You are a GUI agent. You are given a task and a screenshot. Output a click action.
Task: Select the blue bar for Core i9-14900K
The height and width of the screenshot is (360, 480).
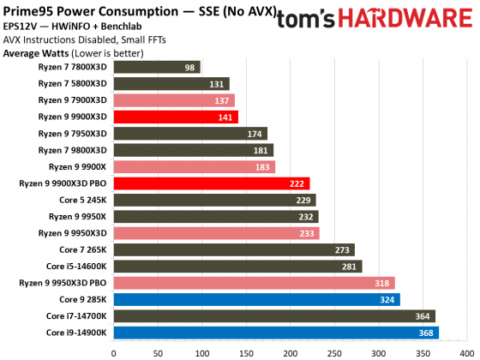[275, 333]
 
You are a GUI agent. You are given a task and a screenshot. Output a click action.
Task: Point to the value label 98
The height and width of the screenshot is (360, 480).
[189, 67]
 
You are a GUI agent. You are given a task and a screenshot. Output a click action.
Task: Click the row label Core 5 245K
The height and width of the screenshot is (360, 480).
[83, 200]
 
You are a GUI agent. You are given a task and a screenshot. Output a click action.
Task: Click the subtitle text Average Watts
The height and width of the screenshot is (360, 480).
[36, 53]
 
